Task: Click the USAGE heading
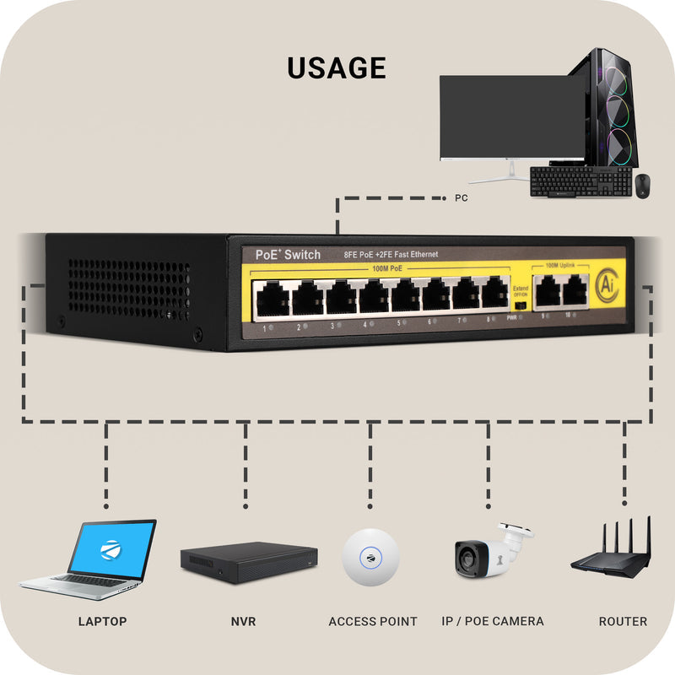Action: point(337,67)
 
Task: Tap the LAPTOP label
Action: point(102,621)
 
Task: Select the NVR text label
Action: point(243,621)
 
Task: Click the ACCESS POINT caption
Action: point(373,621)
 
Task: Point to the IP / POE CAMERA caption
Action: point(493,621)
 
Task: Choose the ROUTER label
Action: point(623,621)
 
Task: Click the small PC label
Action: point(461,199)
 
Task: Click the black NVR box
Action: point(248,561)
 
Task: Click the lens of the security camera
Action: point(467,558)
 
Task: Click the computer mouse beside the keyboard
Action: point(644,186)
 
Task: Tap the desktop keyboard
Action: point(581,181)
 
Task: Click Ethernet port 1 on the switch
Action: point(273,299)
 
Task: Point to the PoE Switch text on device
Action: point(288,255)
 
